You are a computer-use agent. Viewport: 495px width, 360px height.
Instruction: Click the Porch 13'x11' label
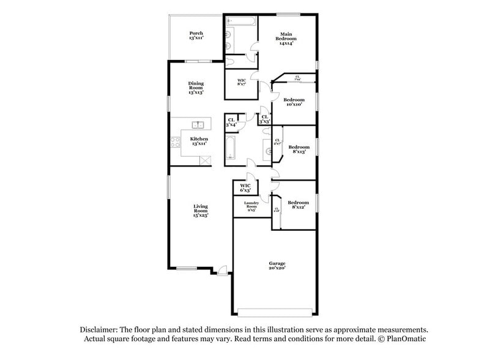[x=196, y=36]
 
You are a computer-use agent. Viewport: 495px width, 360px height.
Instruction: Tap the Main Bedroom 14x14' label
[x=287, y=38]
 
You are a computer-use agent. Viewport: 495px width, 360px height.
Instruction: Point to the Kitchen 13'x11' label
[x=199, y=141]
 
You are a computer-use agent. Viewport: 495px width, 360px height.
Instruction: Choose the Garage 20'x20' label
[x=277, y=265]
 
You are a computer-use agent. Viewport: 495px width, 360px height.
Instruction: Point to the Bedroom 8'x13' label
[x=299, y=149]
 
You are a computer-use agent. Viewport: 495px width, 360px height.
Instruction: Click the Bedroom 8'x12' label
[x=298, y=204]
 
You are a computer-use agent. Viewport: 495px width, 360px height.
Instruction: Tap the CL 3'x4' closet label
[x=231, y=122]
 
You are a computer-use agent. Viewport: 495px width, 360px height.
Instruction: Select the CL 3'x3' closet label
[x=264, y=119]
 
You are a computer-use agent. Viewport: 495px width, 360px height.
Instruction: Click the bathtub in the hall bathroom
[x=231, y=148]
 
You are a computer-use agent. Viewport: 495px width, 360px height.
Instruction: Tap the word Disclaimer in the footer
[x=98, y=329]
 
